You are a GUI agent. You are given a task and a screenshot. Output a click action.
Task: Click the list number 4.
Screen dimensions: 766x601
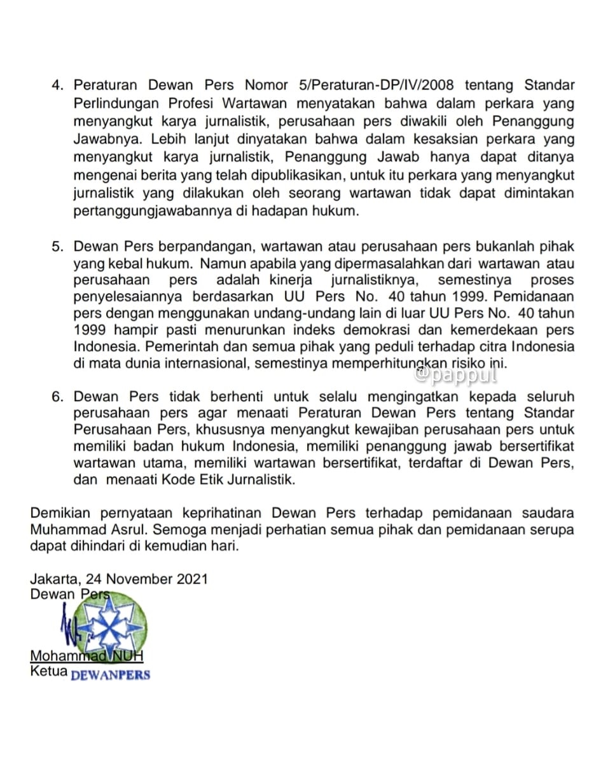(59, 85)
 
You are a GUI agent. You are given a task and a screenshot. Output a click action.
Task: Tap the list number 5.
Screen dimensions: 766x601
(59, 246)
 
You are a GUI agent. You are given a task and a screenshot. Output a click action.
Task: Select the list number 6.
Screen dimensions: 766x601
(59, 397)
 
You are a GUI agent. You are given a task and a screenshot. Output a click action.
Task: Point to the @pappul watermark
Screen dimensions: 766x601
(455, 375)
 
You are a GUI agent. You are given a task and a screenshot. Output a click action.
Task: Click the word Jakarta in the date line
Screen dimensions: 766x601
(53, 579)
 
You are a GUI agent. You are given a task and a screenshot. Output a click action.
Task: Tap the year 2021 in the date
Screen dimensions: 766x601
(192, 579)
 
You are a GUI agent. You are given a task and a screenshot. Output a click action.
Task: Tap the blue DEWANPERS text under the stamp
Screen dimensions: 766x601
(110, 674)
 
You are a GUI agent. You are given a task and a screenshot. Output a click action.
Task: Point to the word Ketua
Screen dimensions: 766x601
(48, 670)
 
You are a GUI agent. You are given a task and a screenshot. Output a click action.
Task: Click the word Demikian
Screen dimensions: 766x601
(62, 513)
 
